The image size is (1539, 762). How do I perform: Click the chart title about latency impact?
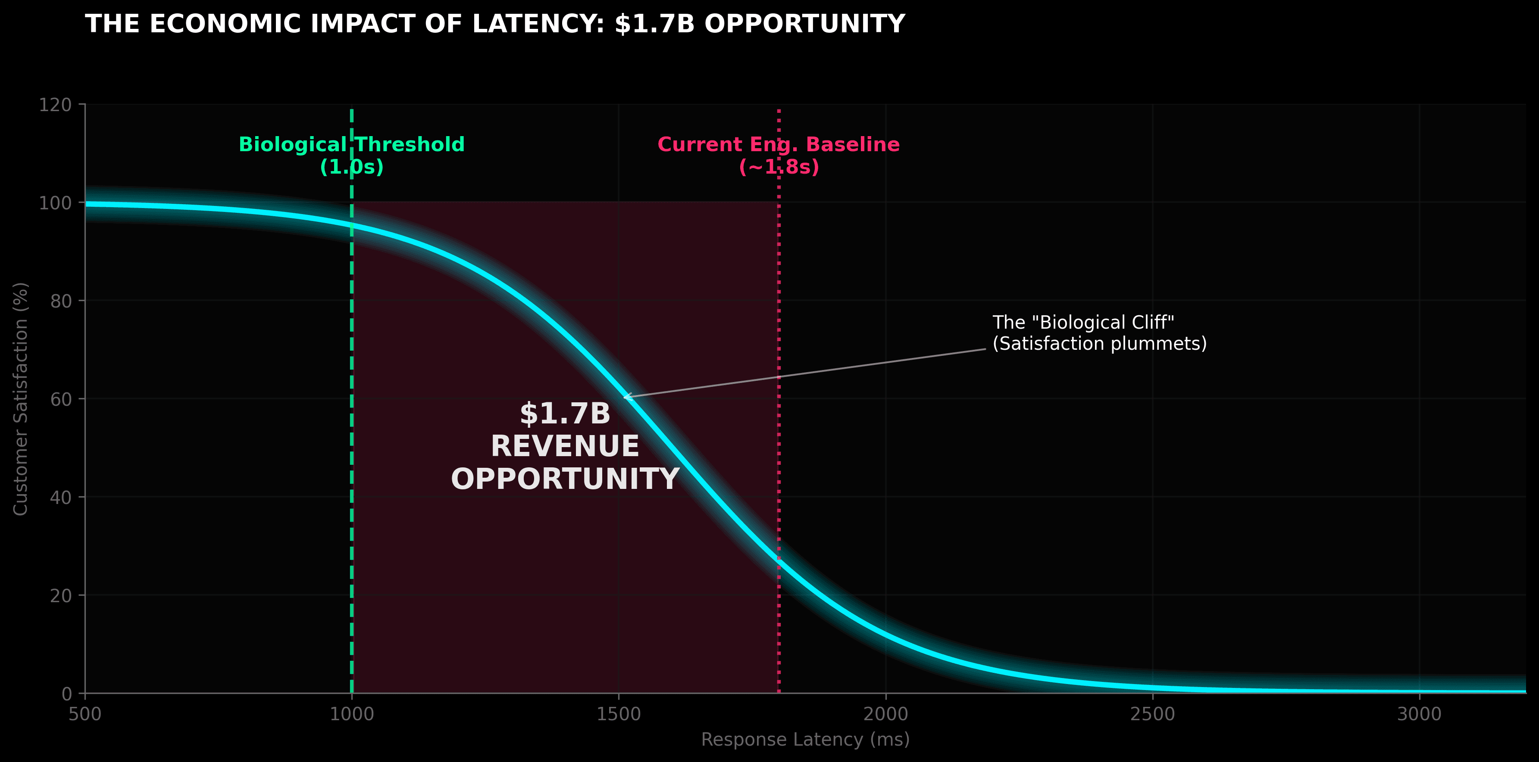tap(495, 24)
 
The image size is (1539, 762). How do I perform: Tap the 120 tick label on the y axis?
tap(55, 105)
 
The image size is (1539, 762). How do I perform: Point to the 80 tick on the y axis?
tap(61, 301)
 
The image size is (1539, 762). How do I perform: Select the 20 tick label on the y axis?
tap(61, 595)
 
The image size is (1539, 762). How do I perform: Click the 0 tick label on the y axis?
tap(66, 694)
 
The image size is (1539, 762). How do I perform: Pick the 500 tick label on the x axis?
tap(85, 714)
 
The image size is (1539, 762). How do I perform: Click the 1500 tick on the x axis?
tap(618, 714)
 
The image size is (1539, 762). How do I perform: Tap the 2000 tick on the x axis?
tap(885, 714)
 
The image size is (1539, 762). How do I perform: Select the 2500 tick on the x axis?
tap(1152, 714)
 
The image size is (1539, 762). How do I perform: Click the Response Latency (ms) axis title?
tap(805, 740)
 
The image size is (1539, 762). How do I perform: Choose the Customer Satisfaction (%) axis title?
tap(21, 399)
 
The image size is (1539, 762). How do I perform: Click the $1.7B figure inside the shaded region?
tap(565, 414)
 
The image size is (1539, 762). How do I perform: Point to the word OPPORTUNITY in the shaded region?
tap(565, 479)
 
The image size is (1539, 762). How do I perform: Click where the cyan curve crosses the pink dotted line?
tap(779, 560)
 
